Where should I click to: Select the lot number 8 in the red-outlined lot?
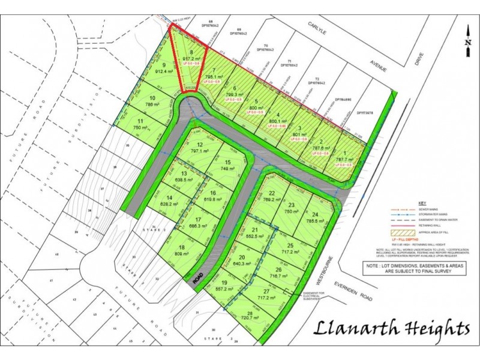[x=191, y=52]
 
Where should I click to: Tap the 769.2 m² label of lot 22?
[x=272, y=200]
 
